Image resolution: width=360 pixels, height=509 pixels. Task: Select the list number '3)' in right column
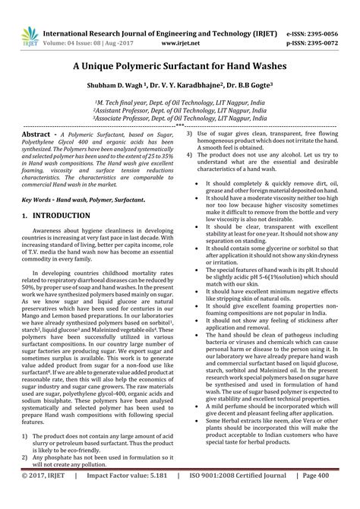[x=190, y=133]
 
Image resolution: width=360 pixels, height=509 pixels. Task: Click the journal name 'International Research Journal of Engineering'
[x=152, y=13]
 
